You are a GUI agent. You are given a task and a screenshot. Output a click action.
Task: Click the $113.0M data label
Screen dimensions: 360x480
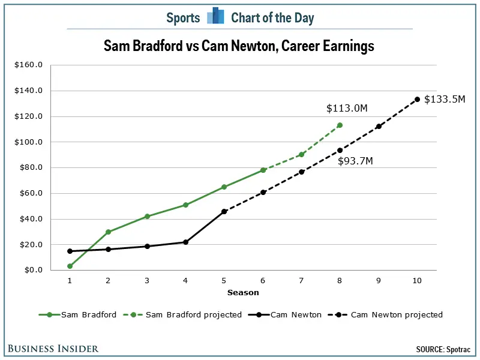(x=347, y=108)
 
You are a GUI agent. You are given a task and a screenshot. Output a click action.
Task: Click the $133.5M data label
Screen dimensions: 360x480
(x=444, y=100)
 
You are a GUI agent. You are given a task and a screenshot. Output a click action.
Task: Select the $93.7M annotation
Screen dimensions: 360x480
(x=355, y=161)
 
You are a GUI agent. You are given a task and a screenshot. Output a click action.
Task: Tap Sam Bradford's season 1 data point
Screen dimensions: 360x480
(x=70, y=266)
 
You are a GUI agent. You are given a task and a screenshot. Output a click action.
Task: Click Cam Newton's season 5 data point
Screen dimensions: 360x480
(x=224, y=211)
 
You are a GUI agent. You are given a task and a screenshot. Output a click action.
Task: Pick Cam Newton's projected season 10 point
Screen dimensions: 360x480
(x=417, y=99)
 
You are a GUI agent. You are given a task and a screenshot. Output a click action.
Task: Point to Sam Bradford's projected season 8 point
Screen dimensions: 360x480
(x=340, y=125)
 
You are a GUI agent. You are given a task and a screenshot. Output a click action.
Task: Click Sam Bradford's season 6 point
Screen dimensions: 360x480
(x=263, y=170)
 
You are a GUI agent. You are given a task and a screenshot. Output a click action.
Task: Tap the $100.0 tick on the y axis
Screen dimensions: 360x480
(x=29, y=142)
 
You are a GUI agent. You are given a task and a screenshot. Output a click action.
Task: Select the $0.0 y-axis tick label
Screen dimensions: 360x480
(x=32, y=270)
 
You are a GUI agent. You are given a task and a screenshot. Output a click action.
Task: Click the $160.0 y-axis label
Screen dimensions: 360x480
(x=29, y=65)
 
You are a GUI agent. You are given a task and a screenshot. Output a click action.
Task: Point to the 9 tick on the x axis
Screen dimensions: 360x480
(x=378, y=280)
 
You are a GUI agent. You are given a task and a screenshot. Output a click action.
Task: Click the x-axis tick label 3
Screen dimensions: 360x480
(x=147, y=280)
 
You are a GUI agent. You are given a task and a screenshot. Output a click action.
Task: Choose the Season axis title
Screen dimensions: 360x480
(x=243, y=293)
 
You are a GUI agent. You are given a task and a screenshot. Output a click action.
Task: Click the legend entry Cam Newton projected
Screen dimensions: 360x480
(x=396, y=314)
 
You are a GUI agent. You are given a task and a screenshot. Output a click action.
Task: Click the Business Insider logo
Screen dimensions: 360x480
(x=53, y=349)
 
